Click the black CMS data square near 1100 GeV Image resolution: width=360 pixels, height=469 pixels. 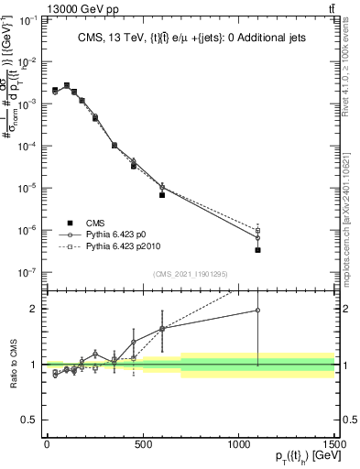[257, 250]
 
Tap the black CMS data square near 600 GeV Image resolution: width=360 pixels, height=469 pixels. [162, 195]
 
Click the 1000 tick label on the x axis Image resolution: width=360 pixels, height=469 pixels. [238, 444]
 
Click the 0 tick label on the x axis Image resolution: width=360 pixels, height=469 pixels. [47, 444]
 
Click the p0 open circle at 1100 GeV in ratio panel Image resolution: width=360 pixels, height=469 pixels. [257, 311]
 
